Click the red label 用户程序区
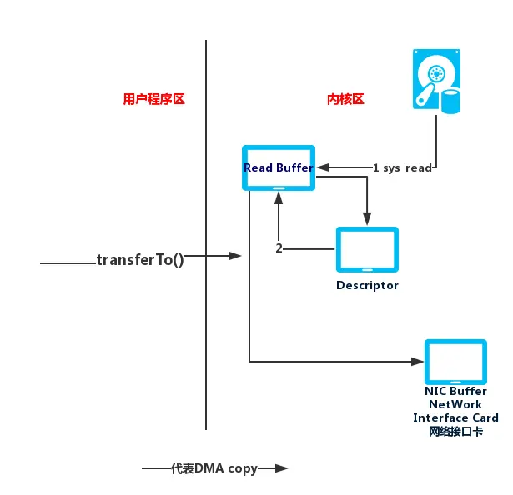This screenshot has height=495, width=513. pos(153,99)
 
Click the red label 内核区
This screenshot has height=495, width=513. pos(345,99)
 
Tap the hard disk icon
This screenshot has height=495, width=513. pos(436,82)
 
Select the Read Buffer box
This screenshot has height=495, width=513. pos(279,167)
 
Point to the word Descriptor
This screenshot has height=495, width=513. pos(367,286)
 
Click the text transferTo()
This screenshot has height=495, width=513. pos(140,260)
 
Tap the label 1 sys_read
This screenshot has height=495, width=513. pos(402,168)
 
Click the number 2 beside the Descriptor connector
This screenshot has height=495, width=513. pos(279,248)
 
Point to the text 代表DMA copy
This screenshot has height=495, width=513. pos(214,468)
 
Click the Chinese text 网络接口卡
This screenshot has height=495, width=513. pos(455,432)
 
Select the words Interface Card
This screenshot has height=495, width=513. pos(455,417)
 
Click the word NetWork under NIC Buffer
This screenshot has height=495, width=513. pos(455,404)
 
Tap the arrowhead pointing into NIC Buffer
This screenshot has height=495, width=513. pos(417,362)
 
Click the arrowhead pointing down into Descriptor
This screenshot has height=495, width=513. pos(367,218)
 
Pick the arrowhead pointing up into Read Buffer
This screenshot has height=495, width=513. pos(279,197)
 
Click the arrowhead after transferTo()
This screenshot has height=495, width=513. pos(235,256)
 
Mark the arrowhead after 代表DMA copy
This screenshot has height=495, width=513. pos(281,468)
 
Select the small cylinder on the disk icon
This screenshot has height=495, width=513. pos(450,102)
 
